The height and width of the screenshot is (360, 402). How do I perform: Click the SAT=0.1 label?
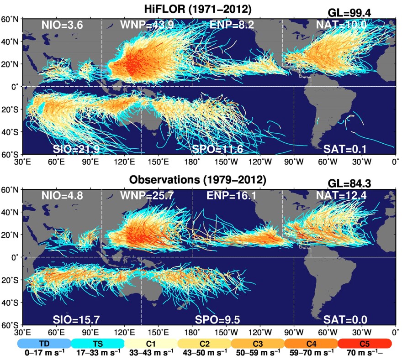(345, 149)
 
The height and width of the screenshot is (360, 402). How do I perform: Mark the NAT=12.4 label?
(341, 196)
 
